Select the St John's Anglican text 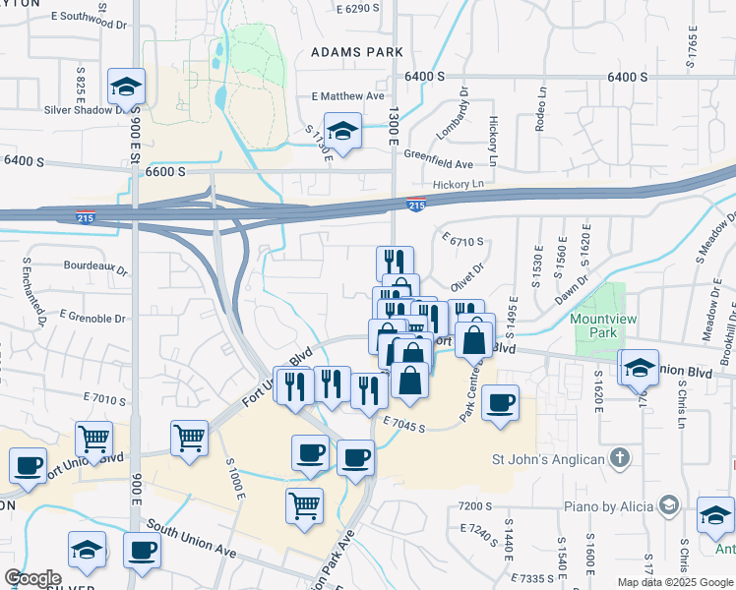(x=548, y=458)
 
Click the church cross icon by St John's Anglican (x=620, y=457)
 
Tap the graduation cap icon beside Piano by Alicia (x=669, y=505)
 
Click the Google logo (x=33, y=578)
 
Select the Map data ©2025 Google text (x=675, y=582)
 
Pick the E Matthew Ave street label (x=347, y=96)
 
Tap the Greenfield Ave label (x=438, y=164)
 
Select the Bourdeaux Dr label (x=94, y=265)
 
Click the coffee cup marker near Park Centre (x=500, y=403)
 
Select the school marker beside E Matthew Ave (x=342, y=131)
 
